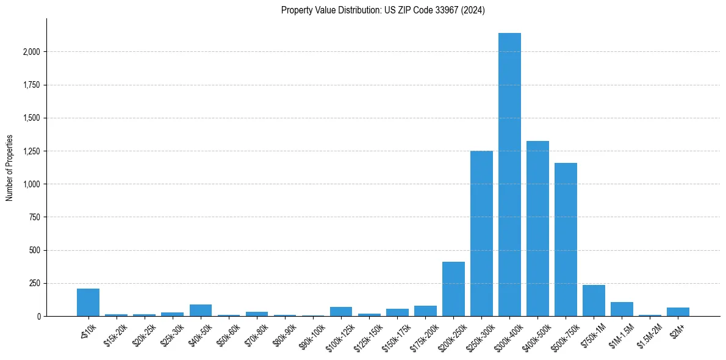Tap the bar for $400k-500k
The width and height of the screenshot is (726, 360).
click(537, 229)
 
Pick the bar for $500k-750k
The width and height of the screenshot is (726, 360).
click(566, 240)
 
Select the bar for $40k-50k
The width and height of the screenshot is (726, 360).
click(201, 311)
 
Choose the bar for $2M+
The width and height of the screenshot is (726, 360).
click(678, 312)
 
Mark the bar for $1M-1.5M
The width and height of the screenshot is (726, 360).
click(622, 309)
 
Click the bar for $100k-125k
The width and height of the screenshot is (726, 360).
click(341, 312)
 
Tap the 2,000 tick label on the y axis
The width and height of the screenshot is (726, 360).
click(31, 52)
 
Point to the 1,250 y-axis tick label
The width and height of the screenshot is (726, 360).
click(31, 151)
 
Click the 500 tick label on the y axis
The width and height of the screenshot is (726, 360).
click(35, 250)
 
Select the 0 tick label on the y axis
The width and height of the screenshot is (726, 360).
click(39, 317)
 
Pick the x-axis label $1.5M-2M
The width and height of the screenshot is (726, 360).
click(649, 336)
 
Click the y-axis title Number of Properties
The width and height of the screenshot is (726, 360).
click(9, 167)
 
